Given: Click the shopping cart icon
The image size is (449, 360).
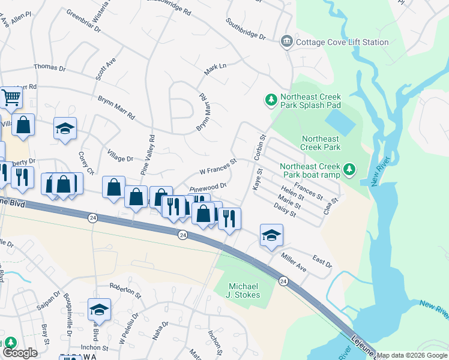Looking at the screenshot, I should pyautogui.click(x=10, y=97).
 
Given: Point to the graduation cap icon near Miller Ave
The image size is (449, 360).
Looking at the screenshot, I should pyautogui.click(x=271, y=235).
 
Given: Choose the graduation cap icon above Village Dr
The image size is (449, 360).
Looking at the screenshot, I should pyautogui.click(x=65, y=128).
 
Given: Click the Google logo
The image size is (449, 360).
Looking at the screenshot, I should pyautogui.click(x=20, y=353).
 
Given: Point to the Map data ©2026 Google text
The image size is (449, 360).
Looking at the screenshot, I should pyautogui.click(x=412, y=355).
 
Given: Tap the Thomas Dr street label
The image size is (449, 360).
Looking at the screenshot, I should pyautogui.click(x=50, y=68).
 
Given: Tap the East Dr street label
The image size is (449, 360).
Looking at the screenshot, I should pyautogui.click(x=322, y=263).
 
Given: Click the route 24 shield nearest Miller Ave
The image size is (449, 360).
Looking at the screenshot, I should pyautogui.click(x=283, y=281).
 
